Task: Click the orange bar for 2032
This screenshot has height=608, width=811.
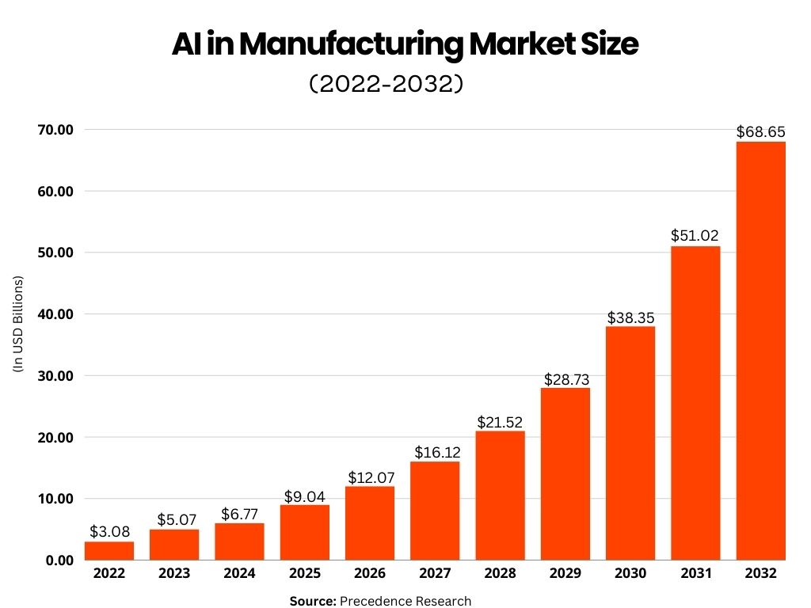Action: point(760,351)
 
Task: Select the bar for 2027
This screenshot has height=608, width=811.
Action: point(435,511)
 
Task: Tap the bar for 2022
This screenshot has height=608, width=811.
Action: point(109,550)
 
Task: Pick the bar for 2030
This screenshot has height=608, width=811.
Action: point(630,443)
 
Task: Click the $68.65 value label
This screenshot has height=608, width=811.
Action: point(760,131)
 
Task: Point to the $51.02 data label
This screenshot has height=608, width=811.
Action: point(695,236)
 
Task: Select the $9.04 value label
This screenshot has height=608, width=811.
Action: point(304,496)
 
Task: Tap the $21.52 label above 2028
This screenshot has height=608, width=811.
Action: point(500,421)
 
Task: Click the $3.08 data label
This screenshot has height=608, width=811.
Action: point(109,531)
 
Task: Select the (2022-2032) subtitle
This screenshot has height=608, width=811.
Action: point(385,84)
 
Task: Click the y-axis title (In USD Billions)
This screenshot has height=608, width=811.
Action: point(18,324)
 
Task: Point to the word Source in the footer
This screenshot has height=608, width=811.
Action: point(313,601)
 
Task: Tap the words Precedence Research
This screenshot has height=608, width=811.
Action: point(405,601)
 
